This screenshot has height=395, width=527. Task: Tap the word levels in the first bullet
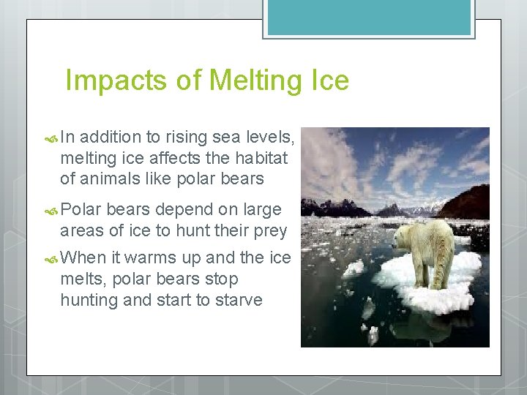click(270, 137)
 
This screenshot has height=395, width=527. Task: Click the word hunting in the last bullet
click(89, 299)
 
